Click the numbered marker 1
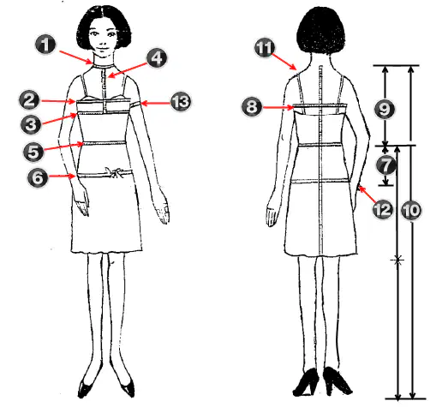45,45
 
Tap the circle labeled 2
29,100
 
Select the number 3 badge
31,124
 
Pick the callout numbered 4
157,58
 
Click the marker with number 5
33,151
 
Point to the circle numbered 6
38,177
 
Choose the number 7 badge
385,165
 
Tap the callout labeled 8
252,107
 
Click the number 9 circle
385,109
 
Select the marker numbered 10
411,211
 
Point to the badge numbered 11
265,47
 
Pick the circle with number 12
383,209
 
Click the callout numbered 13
181,101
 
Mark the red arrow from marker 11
284,61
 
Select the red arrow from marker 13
155,103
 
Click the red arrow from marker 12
367,194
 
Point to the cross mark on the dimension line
397,260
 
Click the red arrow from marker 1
76,57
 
